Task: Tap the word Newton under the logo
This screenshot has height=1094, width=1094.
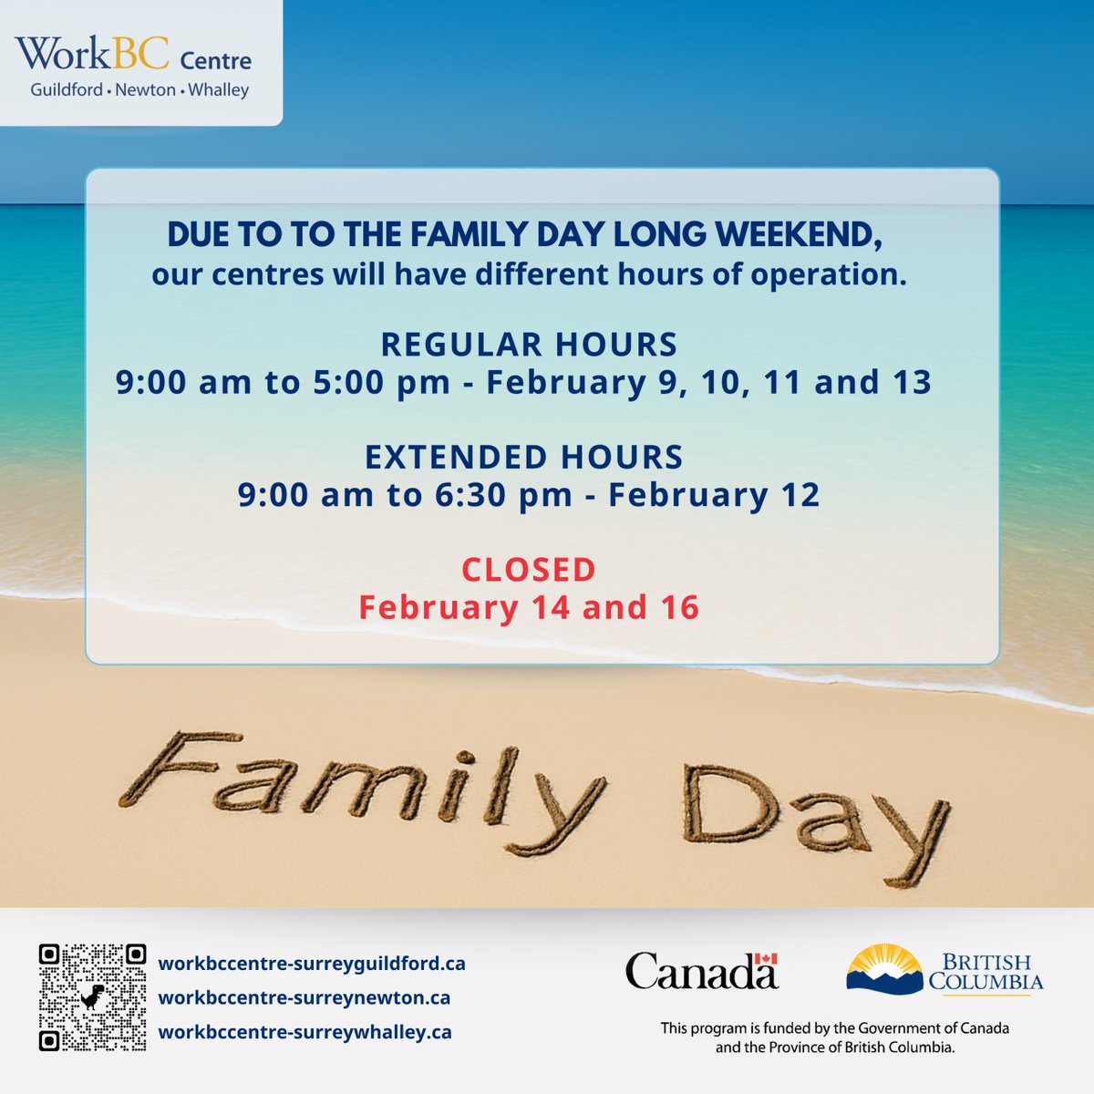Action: pos(146,90)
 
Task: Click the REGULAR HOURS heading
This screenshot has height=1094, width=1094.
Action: pos(529,345)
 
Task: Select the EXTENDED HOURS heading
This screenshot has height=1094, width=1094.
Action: pos(524,457)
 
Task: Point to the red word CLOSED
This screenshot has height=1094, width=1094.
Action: pos(529,570)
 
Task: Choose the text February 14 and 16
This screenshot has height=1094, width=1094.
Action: pos(529,607)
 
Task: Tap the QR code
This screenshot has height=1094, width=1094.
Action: pos(93,997)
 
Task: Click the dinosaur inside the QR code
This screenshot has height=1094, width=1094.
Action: pos(93,998)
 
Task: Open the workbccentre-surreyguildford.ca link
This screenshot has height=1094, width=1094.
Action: pos(312,964)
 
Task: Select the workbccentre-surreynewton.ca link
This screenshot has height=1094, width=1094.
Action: pos(304,997)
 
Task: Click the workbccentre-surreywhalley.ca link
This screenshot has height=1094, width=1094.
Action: pos(305,1032)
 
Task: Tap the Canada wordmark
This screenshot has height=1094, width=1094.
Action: pos(701,971)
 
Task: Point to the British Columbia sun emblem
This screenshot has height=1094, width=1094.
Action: pos(882,967)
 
